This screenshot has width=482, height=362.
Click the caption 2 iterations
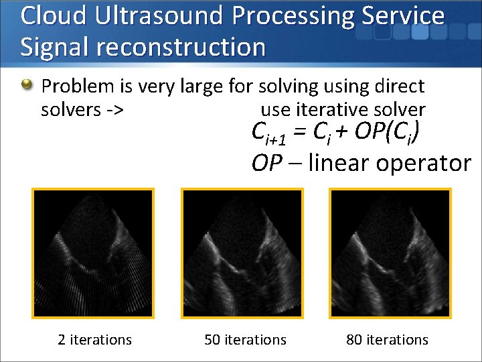coord(94,340)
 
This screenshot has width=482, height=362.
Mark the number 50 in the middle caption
coord(212,340)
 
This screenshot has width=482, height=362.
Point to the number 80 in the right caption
coord(354,340)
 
